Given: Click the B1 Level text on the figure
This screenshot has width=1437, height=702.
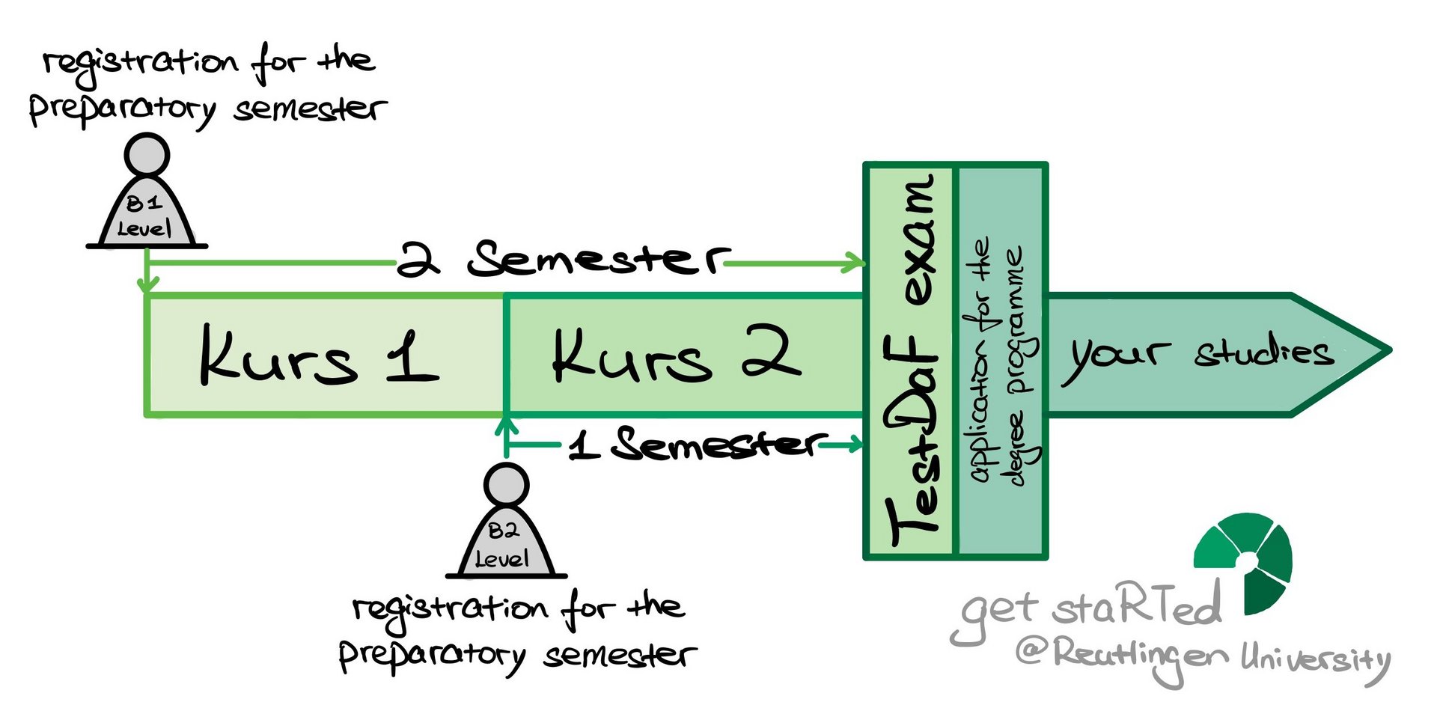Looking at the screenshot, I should pos(144,216).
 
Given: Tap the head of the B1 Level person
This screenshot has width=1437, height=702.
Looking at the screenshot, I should pos(147,156).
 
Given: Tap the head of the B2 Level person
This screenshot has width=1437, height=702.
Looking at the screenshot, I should pos(506,485).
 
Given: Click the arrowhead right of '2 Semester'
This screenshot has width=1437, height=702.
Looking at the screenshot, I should pos(855,263).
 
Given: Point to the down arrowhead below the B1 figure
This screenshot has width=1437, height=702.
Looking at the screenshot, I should pos(148,284).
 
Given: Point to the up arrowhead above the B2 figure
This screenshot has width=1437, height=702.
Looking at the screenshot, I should pos(507,427).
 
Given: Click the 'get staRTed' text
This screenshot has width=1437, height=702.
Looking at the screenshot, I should pos(1090,608).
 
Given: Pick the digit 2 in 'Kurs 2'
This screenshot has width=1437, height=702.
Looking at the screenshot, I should pos(771,352).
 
